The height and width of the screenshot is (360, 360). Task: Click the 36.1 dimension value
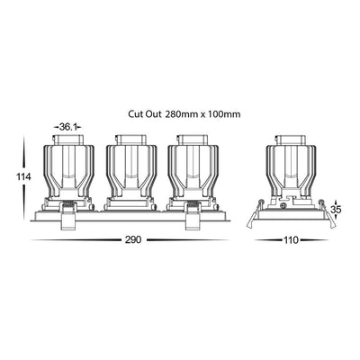pos(67,127)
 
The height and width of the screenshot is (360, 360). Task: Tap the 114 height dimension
pos(23,176)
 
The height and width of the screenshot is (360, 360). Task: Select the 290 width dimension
pos(133,239)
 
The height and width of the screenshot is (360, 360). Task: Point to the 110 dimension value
pos(291,240)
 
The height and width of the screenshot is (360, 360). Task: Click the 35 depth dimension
pos(336,210)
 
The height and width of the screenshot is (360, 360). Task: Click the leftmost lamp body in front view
pos(68,173)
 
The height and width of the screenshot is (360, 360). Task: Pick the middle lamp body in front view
pos(131,173)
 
